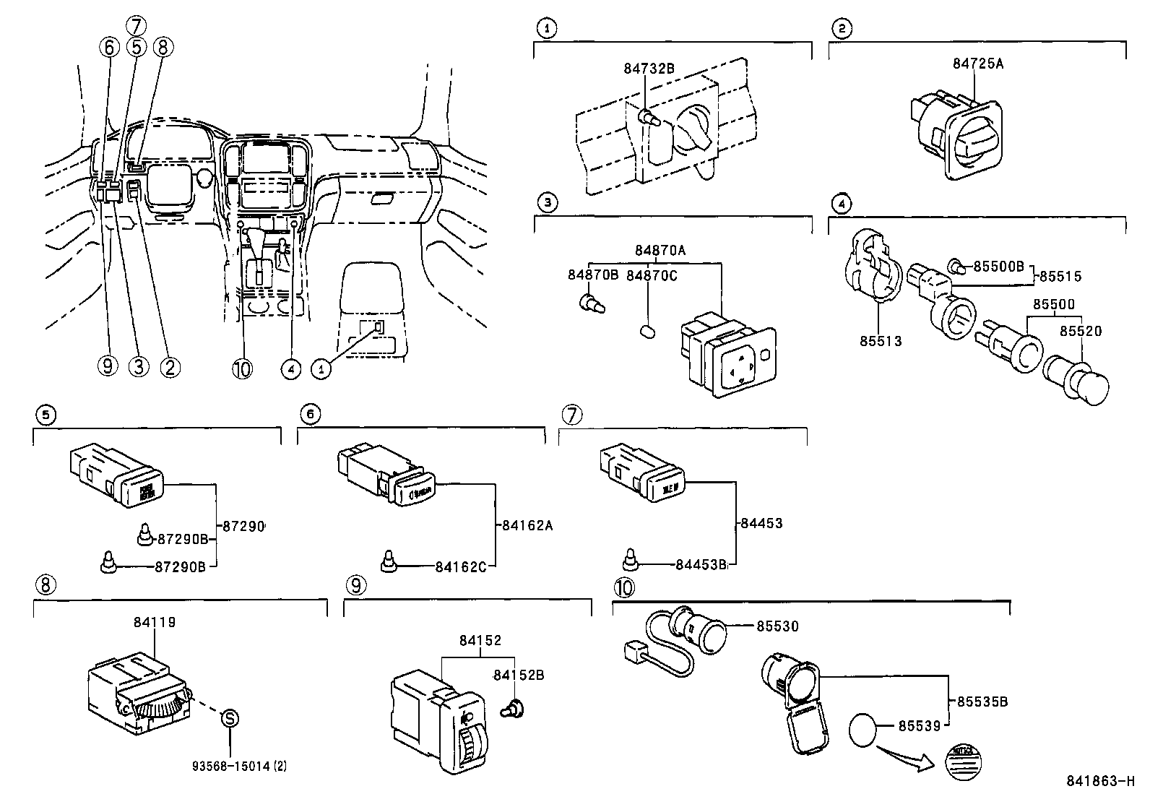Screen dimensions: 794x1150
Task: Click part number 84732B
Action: click(649, 69)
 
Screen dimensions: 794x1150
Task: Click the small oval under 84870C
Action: click(648, 332)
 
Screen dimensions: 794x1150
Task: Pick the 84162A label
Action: click(527, 525)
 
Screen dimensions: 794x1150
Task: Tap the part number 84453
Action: click(762, 523)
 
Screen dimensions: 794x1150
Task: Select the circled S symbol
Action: click(229, 718)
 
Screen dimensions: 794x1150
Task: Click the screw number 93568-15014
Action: click(230, 767)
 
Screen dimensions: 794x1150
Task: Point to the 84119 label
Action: click(155, 622)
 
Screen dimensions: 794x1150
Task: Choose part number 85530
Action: click(777, 626)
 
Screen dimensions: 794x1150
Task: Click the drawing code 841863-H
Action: click(1100, 781)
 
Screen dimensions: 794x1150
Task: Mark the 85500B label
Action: click(998, 266)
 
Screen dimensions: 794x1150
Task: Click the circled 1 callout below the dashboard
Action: click(321, 368)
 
